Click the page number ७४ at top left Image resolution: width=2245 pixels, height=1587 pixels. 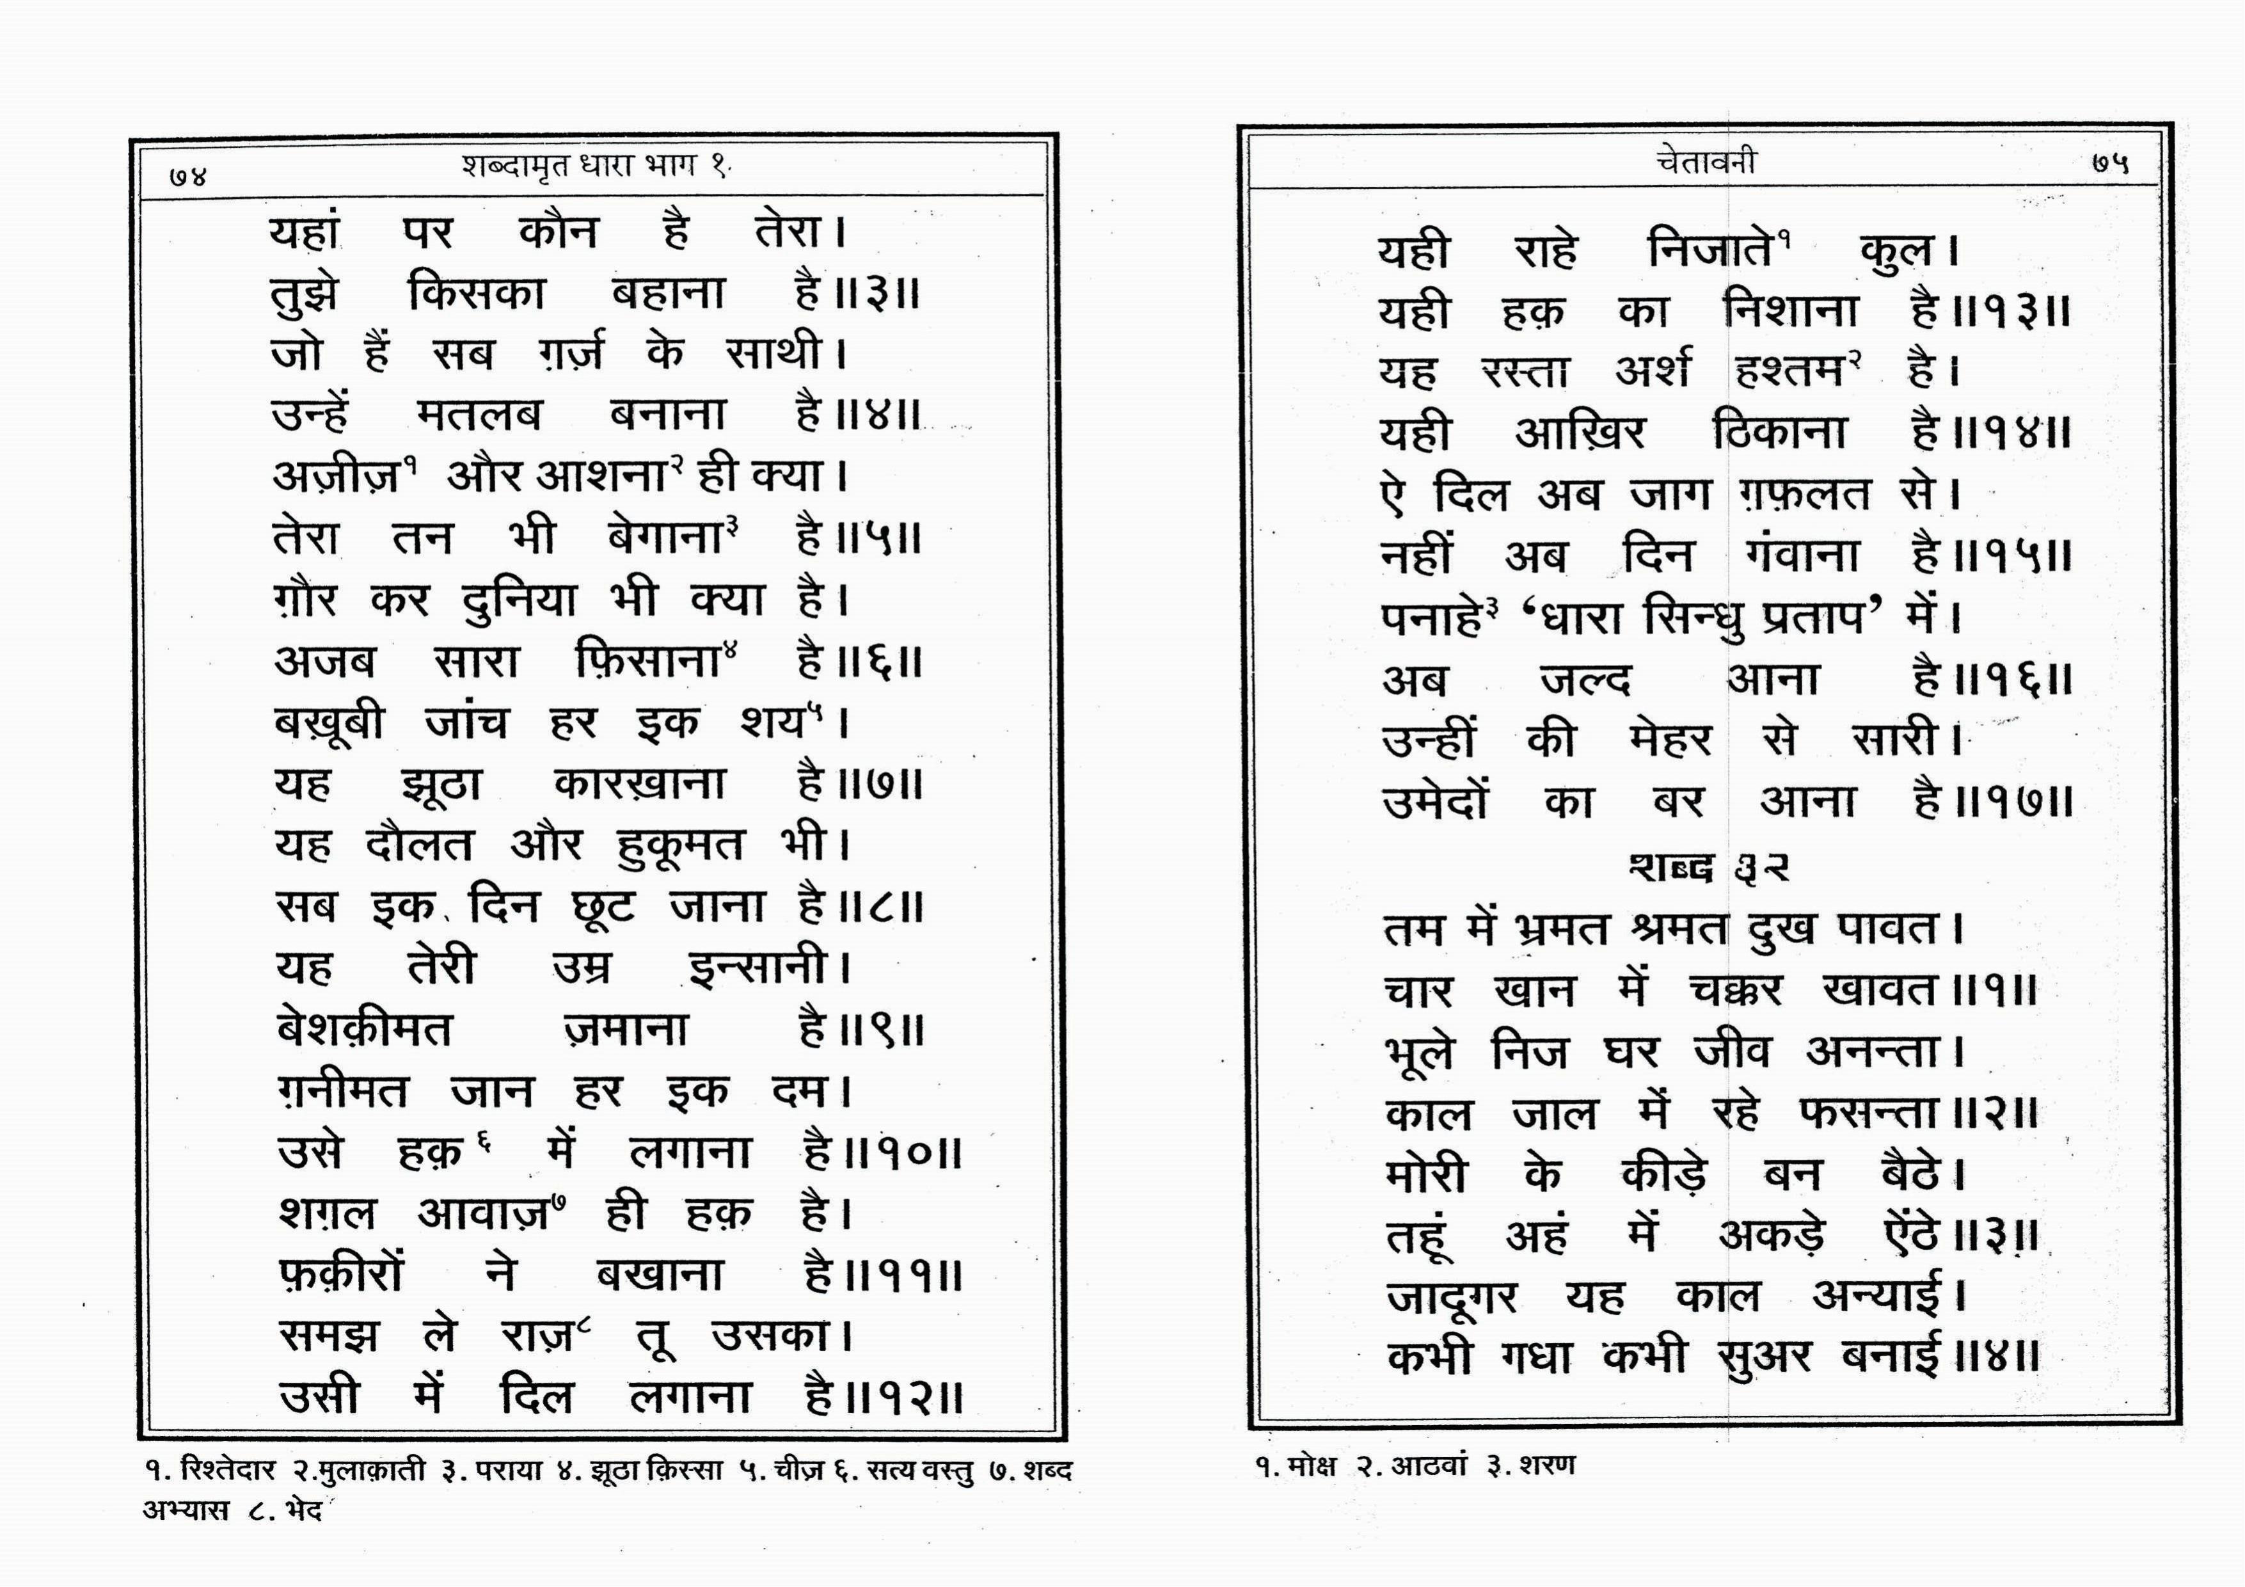(x=187, y=177)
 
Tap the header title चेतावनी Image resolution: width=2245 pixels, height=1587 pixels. (x=1706, y=161)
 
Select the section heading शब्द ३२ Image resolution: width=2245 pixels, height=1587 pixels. (x=1708, y=867)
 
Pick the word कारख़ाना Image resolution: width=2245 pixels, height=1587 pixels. (x=640, y=784)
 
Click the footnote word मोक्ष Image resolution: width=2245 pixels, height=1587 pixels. (x=1311, y=1467)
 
